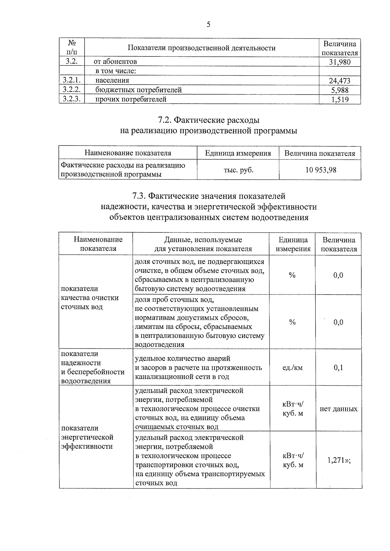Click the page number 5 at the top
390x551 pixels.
208,25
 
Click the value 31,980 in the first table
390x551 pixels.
340,62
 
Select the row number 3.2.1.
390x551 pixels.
72,80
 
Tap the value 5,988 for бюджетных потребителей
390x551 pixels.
340,90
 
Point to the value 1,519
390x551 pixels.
340,99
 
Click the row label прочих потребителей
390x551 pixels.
131,99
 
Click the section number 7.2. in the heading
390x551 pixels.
165,120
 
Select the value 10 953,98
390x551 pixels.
320,169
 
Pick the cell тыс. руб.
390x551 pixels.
238,169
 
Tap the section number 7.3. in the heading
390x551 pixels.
139,196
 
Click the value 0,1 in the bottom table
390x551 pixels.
338,368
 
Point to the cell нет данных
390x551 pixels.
338,409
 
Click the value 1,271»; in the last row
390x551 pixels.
339,460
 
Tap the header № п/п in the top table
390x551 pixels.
72,47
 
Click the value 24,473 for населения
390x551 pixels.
340,81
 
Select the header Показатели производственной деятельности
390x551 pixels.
201,48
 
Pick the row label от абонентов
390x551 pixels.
115,61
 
